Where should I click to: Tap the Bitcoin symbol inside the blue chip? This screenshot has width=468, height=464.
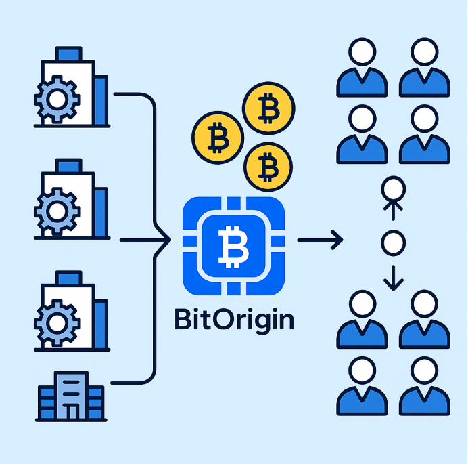point(233,245)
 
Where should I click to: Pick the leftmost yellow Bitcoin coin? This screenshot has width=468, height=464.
point(217,136)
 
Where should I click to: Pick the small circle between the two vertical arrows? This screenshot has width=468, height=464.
point(392,242)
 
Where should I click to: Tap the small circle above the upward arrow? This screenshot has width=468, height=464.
point(392,188)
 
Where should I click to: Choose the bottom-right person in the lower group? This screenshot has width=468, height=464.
point(424,385)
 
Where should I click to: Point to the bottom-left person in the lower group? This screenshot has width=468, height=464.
point(362,385)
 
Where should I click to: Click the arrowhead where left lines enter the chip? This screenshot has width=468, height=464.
point(166,240)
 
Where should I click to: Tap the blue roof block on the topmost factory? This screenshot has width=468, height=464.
point(68,54)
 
